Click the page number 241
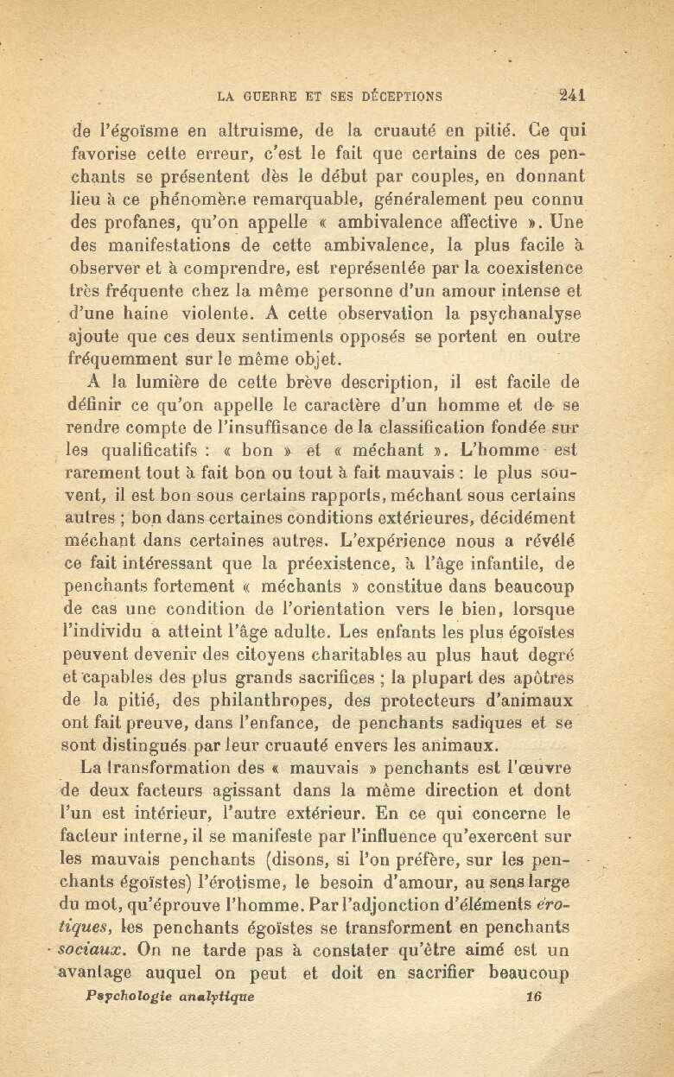(x=573, y=96)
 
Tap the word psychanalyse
(x=522, y=313)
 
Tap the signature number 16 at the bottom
(x=533, y=995)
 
